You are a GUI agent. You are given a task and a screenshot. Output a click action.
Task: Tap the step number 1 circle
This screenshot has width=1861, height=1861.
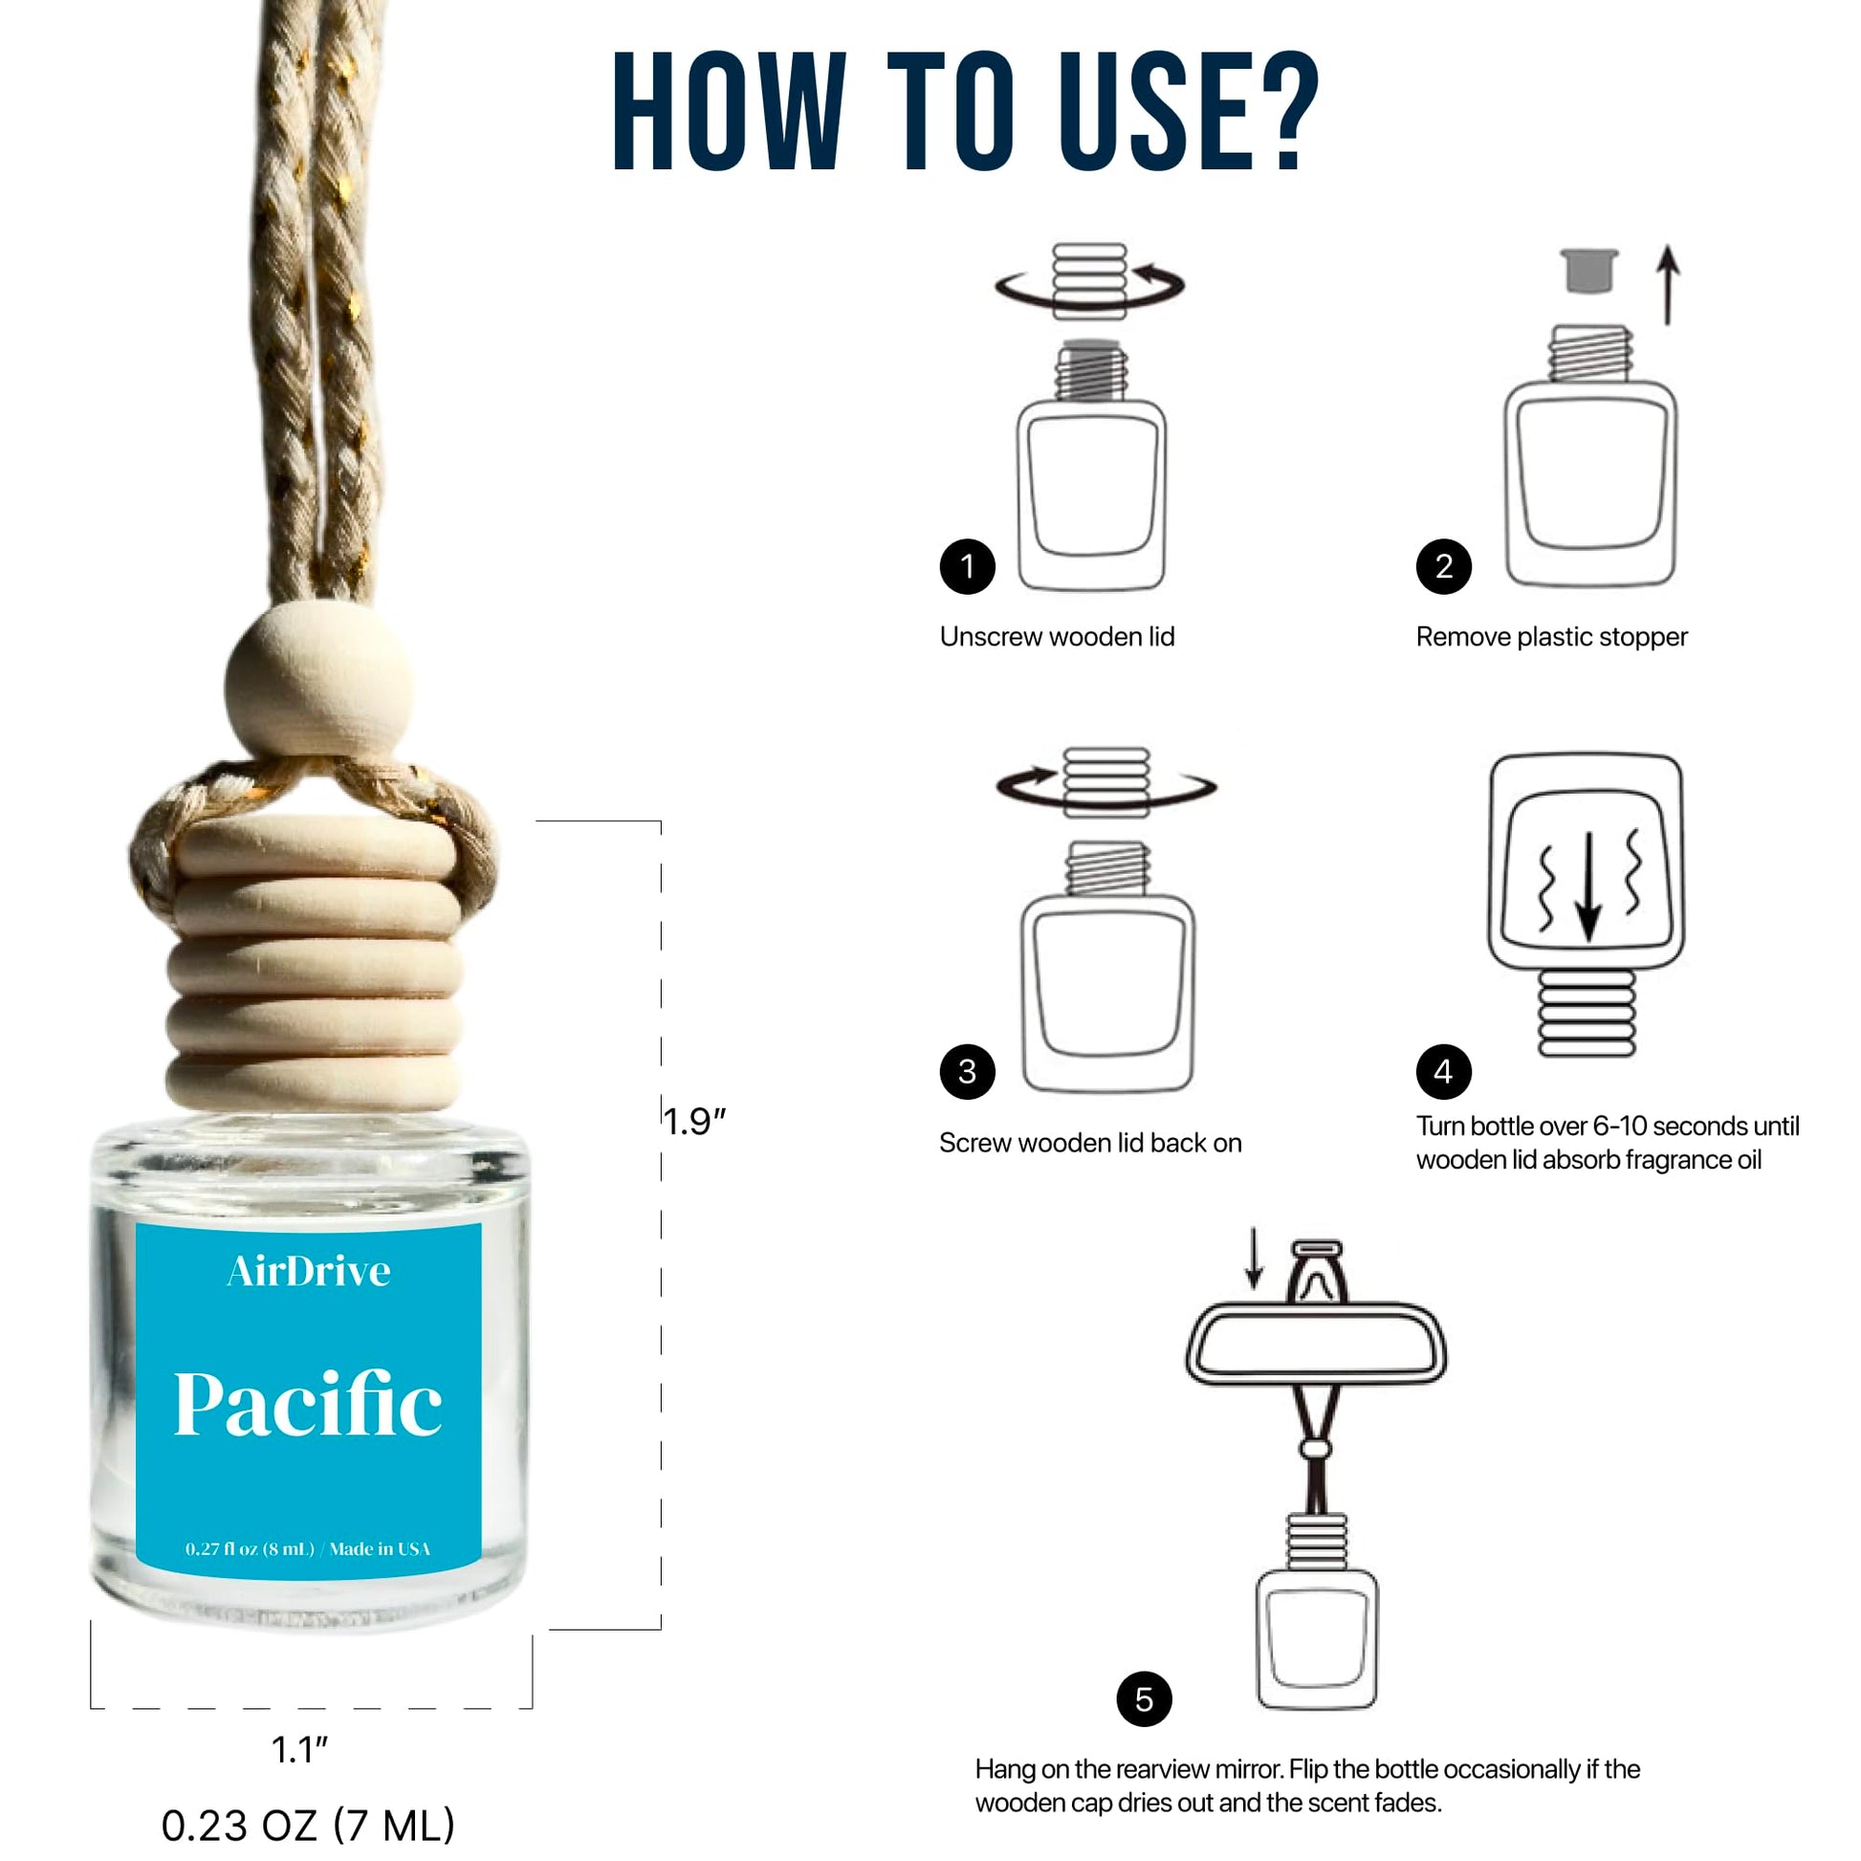(x=967, y=566)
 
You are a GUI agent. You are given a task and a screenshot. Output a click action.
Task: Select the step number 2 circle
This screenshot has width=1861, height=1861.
(x=1443, y=566)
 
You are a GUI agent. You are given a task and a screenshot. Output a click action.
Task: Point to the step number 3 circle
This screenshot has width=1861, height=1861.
(x=967, y=1071)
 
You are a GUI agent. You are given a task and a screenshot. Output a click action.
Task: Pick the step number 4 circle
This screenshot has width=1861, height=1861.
(x=1443, y=1071)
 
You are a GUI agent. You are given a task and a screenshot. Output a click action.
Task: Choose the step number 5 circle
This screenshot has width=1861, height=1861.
(x=1144, y=1699)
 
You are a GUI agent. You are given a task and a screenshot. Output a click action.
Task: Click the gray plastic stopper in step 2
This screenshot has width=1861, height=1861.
(x=1588, y=271)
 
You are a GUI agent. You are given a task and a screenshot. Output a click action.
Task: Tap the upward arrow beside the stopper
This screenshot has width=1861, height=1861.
(x=1669, y=285)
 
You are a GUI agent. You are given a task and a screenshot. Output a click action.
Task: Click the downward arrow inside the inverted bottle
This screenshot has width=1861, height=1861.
(x=1587, y=887)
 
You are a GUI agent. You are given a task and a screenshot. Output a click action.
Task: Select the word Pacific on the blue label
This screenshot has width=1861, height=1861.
(x=308, y=1406)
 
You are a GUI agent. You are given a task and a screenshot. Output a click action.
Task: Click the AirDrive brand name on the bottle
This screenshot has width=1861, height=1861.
(x=309, y=1271)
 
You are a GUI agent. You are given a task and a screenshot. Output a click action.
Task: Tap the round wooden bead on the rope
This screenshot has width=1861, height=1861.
(x=318, y=681)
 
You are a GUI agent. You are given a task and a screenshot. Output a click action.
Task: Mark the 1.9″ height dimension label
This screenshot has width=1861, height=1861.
(x=694, y=1121)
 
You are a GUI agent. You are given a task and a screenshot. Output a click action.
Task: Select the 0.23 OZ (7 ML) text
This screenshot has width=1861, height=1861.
(x=307, y=1825)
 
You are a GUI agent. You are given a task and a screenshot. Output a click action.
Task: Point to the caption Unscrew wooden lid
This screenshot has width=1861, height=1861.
(x=1057, y=637)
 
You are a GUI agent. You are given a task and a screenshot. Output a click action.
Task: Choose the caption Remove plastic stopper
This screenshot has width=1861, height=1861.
(x=1551, y=638)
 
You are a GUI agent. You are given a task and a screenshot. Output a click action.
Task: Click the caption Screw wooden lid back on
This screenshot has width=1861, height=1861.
(x=1090, y=1143)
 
